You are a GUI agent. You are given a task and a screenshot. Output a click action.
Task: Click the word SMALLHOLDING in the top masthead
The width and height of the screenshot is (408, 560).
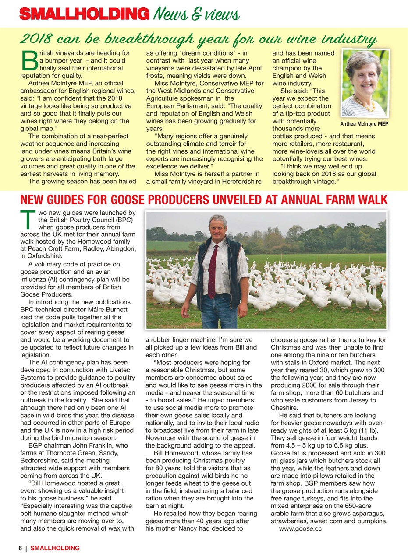click(83, 14)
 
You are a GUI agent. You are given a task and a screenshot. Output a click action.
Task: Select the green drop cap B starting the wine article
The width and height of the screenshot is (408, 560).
click(29, 61)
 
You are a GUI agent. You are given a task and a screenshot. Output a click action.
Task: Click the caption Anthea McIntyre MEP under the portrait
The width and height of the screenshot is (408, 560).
click(364, 124)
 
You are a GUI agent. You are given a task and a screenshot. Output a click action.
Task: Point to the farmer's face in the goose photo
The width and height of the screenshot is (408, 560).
click(217, 228)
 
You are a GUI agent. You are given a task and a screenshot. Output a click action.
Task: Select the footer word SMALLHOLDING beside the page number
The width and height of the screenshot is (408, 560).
click(55, 548)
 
